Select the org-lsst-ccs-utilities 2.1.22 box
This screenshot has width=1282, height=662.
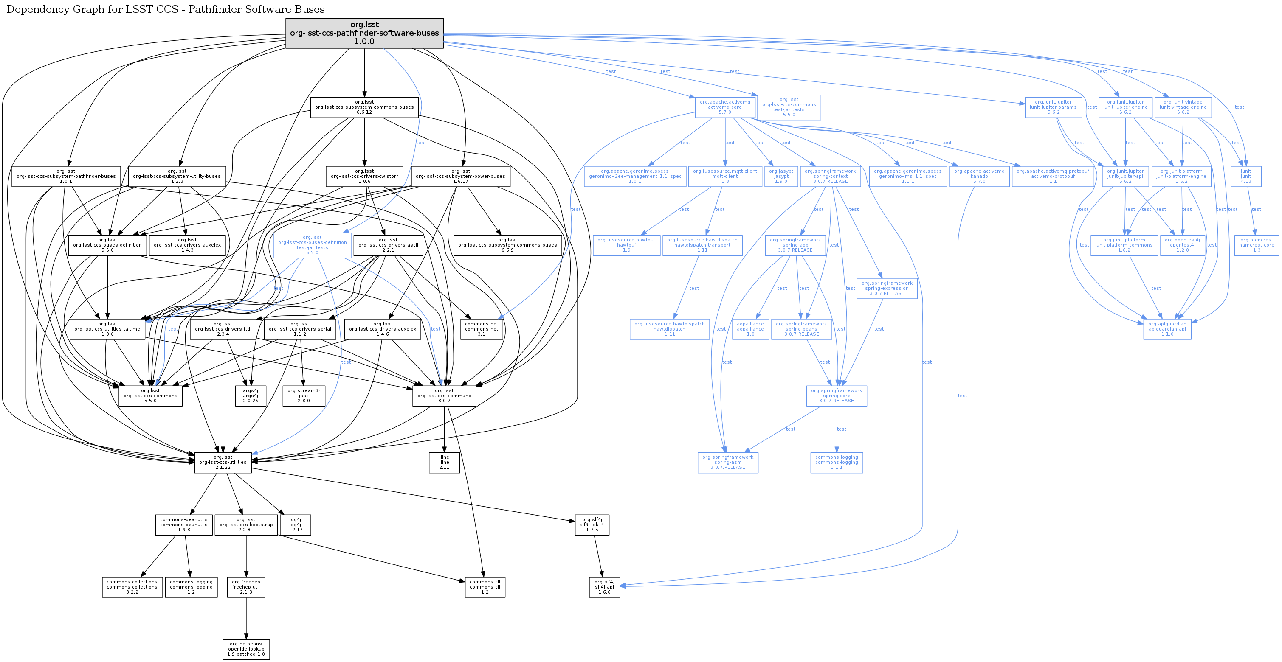[x=223, y=463]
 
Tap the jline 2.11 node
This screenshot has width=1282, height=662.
[x=444, y=463]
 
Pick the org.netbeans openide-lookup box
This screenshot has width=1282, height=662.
[x=246, y=649]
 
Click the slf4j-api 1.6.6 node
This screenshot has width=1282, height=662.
[x=604, y=587]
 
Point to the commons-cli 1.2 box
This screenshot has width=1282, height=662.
[x=485, y=587]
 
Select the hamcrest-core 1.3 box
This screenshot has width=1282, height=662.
[x=1256, y=245]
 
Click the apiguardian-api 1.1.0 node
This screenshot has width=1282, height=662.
[x=1167, y=329]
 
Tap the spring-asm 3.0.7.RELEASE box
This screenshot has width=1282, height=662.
[x=727, y=463]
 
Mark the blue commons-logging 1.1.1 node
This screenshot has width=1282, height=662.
[x=837, y=463]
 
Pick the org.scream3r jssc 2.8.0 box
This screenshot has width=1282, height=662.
[x=304, y=396]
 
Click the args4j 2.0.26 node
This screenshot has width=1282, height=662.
[x=251, y=396]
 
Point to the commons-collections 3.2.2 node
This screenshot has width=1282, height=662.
[x=132, y=587]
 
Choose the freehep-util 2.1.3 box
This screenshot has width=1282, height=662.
[x=246, y=587]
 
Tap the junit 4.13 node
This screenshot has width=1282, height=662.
[x=1245, y=177]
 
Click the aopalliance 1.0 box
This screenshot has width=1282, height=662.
[x=750, y=329]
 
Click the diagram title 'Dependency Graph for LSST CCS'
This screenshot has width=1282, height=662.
[x=165, y=9]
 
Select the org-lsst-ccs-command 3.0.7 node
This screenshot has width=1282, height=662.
[x=444, y=396]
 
